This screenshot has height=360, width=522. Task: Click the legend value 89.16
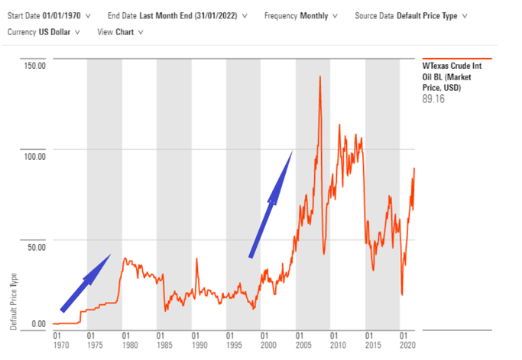[434, 99]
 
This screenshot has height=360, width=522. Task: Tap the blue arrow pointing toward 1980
[86, 284]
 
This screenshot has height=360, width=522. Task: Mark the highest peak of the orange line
[319, 76]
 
